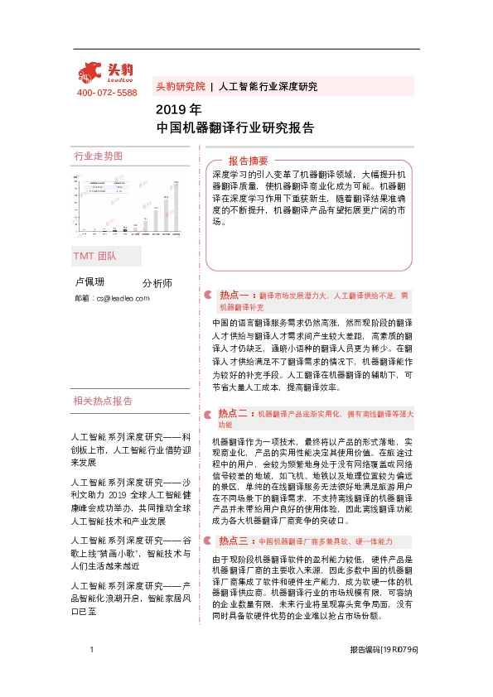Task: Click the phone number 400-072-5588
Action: [107, 93]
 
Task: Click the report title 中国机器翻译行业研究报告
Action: [234, 127]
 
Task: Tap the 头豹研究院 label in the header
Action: [180, 86]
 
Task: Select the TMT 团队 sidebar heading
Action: [95, 256]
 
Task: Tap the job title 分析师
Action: [157, 283]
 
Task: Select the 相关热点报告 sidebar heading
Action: [103, 401]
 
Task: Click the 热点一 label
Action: [236, 294]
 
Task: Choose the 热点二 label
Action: [234, 412]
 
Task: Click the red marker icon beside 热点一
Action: [208, 295]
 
